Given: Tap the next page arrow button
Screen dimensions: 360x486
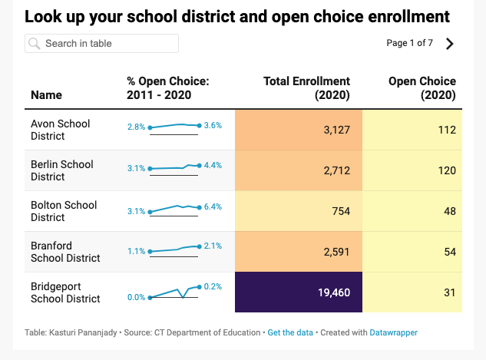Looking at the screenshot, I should pyautogui.click(x=450, y=44).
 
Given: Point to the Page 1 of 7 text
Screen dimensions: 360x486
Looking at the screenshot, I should pyautogui.click(x=409, y=43).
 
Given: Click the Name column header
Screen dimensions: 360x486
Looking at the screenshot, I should pyautogui.click(x=46, y=95).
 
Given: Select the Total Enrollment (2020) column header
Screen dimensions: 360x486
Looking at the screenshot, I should pyautogui.click(x=306, y=88).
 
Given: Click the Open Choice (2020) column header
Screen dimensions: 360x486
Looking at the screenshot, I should pyautogui.click(x=422, y=88).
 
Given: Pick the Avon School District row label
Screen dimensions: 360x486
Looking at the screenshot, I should pyautogui.click(x=60, y=130).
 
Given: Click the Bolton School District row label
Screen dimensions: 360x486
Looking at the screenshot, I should pyautogui.click(x=64, y=211).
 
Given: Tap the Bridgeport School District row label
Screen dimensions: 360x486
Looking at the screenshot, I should pyautogui.click(x=65, y=292).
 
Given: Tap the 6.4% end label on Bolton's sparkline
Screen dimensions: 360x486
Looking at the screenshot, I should pyautogui.click(x=213, y=206).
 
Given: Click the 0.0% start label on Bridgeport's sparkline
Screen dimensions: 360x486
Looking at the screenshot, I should pyautogui.click(x=137, y=297).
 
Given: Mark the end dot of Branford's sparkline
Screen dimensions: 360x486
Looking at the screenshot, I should pyautogui.click(x=199, y=246).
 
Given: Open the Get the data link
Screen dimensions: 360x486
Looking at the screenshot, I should pyautogui.click(x=290, y=332).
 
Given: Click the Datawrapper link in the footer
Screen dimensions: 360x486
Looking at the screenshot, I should pyautogui.click(x=393, y=332).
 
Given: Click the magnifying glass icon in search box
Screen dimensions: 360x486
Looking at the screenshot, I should pyautogui.click(x=35, y=44).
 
